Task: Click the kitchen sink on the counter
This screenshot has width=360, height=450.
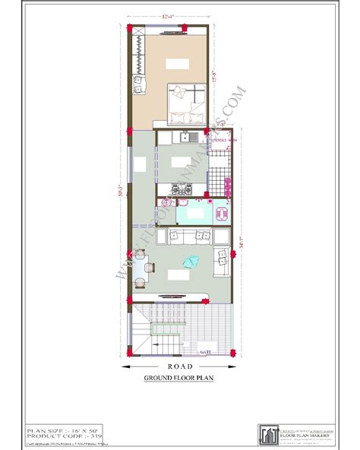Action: point(193,137)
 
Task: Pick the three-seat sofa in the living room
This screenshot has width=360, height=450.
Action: point(191,235)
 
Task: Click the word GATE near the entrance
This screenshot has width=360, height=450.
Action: point(204,352)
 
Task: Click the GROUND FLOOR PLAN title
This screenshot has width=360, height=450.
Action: point(180,378)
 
